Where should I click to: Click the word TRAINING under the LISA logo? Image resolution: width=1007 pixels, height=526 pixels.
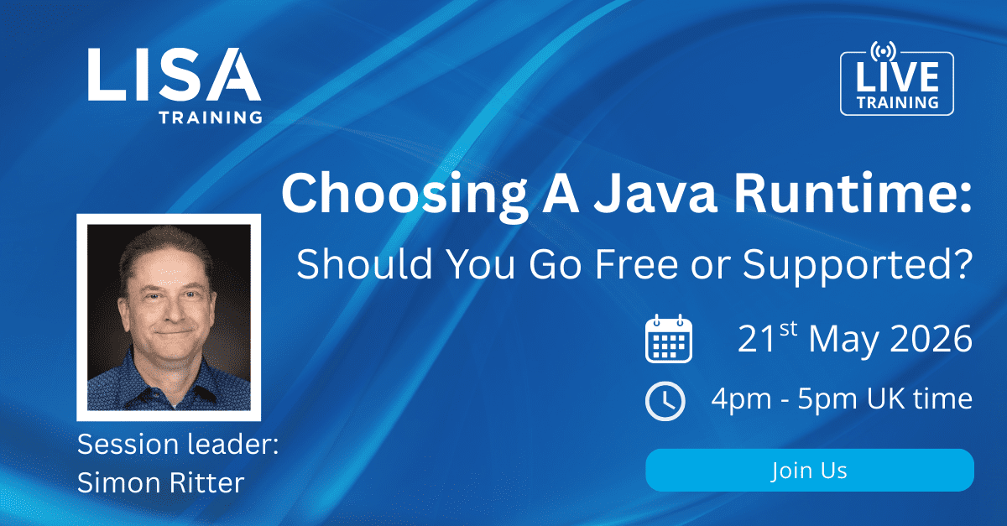point(210,117)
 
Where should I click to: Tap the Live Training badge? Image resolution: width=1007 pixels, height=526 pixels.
point(896,84)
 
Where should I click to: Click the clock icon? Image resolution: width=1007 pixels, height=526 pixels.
point(665,400)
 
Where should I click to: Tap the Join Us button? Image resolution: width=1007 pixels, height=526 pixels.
point(809,471)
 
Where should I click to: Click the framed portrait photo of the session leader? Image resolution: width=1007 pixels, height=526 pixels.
point(169,317)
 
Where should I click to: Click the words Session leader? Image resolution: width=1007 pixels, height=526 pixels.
point(177,444)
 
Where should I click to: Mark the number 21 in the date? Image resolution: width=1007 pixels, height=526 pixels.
point(755,340)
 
